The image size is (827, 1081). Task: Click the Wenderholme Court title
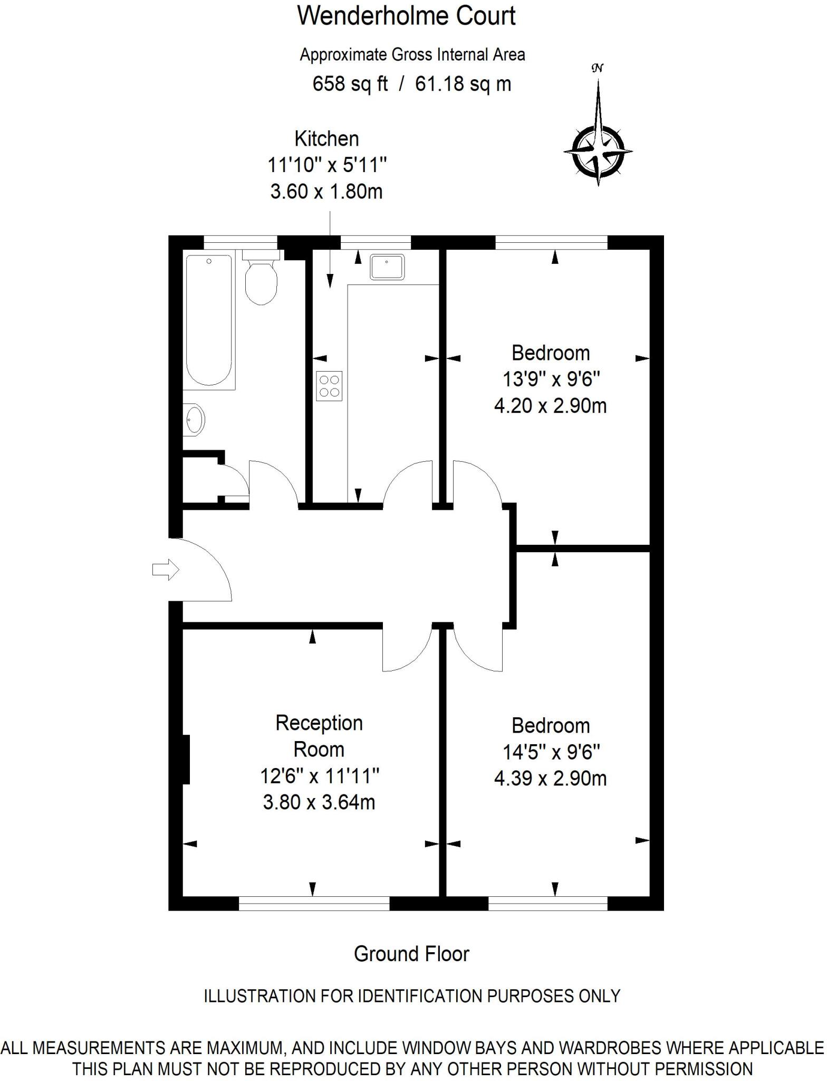(406, 16)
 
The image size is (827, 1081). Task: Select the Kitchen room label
(326, 139)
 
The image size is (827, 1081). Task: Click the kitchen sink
(387, 267)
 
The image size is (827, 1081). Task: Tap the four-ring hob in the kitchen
(329, 386)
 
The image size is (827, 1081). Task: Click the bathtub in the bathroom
(209, 320)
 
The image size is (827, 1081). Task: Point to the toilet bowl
(261, 285)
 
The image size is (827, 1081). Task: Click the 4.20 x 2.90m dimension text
(550, 406)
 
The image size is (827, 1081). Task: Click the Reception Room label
(319, 736)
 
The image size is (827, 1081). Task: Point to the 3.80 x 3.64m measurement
(319, 803)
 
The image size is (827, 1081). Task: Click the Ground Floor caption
(411, 953)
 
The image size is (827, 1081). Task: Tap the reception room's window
(314, 904)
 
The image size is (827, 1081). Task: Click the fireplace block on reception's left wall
(186, 759)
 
